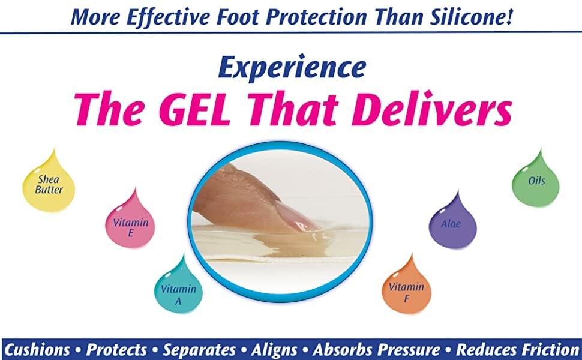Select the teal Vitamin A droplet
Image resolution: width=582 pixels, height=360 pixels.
tap(178, 289)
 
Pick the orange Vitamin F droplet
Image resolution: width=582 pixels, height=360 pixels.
tap(407, 288)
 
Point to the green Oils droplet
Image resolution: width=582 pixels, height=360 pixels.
tap(536, 181)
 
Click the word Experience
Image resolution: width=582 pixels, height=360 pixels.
tap(291, 67)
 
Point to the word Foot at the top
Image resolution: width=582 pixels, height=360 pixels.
tap(229, 16)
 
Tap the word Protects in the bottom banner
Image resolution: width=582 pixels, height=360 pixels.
tap(116, 349)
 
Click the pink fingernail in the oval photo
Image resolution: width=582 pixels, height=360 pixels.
tap(295, 215)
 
